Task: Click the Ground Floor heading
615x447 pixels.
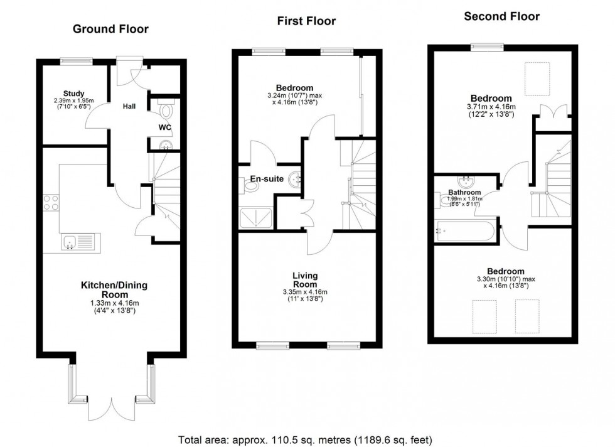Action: coord(110,29)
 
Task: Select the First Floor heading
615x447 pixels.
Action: coord(306,21)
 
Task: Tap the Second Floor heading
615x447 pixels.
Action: coord(501,16)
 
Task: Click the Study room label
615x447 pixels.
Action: coord(73,94)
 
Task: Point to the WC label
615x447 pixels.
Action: coord(164,127)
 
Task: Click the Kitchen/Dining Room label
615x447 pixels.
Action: coord(114,290)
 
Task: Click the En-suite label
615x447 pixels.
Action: coord(264,179)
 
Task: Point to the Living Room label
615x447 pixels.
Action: coord(306,280)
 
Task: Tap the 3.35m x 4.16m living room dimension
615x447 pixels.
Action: coord(306,292)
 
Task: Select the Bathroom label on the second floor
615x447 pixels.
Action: coord(464,193)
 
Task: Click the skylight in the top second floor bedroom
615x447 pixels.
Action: coord(538,78)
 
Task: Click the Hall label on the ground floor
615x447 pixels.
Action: coord(129,107)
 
